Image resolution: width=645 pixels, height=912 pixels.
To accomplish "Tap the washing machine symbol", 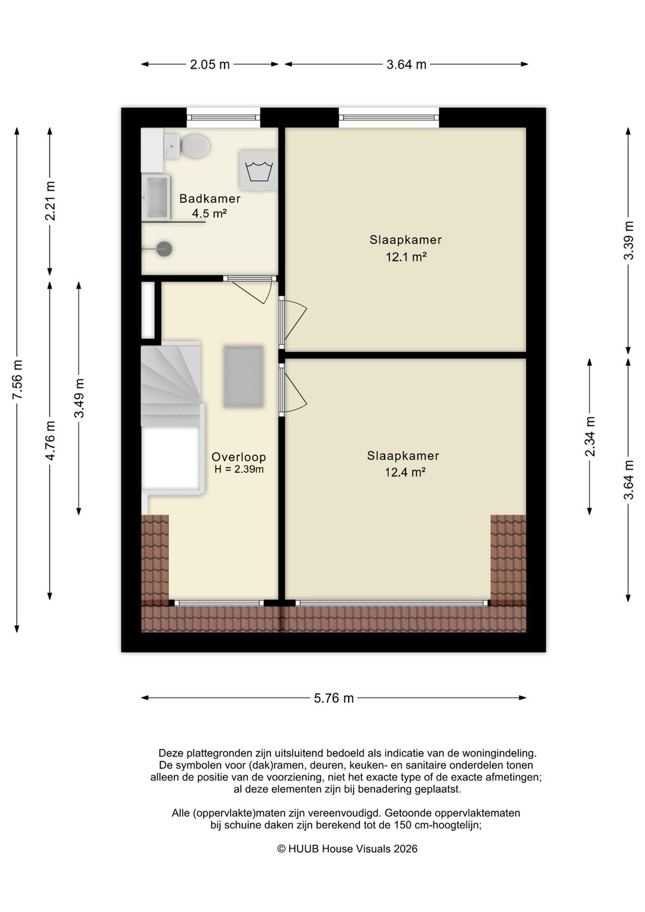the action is coord(258,170).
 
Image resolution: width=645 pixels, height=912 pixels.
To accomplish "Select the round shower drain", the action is coord(164,249).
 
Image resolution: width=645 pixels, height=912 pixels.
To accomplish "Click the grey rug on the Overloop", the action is coord(243,377).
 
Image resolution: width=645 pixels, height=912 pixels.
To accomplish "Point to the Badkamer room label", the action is coord(210,198).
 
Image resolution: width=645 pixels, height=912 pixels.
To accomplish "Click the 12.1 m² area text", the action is coord(406,257).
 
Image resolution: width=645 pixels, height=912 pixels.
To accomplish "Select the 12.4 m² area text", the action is coord(406,472).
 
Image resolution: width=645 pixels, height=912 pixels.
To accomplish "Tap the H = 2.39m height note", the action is coord(239,469).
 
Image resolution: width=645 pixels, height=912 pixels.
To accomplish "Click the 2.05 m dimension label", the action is coord(210,65).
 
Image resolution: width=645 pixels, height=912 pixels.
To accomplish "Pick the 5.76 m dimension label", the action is coord(334,698).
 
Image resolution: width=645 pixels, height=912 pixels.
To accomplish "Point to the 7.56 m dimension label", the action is coord(17,380).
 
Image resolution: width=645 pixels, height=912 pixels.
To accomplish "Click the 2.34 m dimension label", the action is coord(590,436).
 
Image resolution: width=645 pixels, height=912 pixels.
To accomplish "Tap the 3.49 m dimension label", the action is coord(79,398).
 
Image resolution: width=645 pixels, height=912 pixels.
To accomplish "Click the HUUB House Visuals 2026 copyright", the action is coord(347,849).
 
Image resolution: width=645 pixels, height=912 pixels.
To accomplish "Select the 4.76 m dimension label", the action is coord(50,440).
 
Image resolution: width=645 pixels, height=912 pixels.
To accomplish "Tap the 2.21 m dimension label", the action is coord(50,201).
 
